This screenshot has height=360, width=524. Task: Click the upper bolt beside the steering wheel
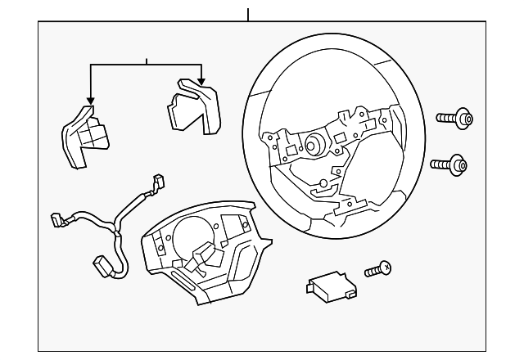pyautogui.click(x=455, y=119)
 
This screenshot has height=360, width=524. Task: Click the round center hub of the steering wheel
pyautogui.click(x=313, y=146)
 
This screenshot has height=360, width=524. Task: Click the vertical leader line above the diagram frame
pyautogui.click(x=247, y=14)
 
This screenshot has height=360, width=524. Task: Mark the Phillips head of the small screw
pyautogui.click(x=387, y=266)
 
